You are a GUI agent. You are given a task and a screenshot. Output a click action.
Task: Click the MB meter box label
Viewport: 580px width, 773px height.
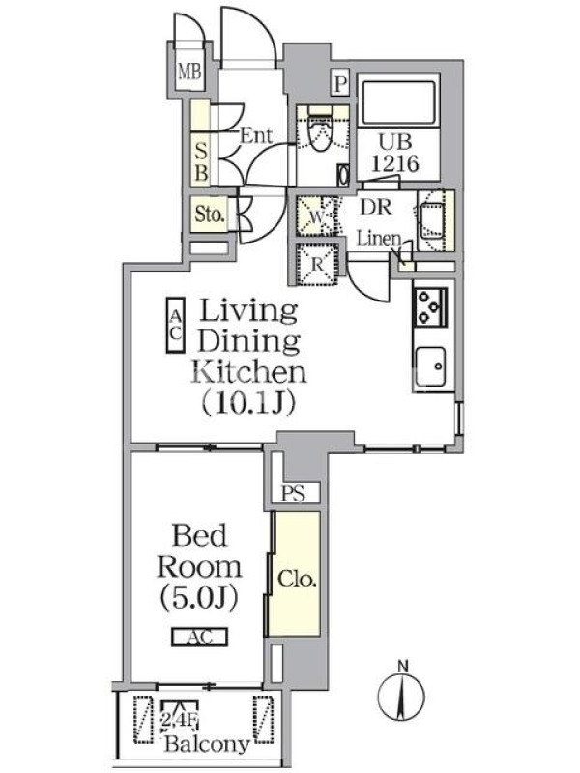(189, 72)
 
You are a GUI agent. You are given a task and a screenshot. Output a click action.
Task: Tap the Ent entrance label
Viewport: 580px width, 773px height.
(256, 134)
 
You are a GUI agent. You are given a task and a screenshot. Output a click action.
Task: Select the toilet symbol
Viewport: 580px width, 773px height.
(319, 130)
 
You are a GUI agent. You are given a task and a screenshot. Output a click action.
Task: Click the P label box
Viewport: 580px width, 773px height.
(340, 84)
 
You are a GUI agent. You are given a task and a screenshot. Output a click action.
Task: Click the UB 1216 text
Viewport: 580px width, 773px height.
(395, 153)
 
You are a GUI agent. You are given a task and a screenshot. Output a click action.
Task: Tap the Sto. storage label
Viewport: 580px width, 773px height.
(210, 214)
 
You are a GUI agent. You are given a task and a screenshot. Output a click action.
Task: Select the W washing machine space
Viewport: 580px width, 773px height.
(317, 216)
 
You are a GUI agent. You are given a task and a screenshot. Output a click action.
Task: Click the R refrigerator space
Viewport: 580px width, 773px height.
(317, 264)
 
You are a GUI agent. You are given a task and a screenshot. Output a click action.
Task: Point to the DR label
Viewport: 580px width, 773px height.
(376, 207)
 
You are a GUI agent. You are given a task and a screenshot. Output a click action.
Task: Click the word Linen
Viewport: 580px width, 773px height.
(379, 239)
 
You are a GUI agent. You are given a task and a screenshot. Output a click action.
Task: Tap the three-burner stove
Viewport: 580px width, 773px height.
(430, 307)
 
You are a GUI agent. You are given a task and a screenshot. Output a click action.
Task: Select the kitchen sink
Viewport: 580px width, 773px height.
(431, 366)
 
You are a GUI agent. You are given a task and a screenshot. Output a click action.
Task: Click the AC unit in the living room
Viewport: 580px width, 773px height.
(176, 326)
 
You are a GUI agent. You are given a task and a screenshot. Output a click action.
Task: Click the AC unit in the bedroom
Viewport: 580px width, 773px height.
(200, 637)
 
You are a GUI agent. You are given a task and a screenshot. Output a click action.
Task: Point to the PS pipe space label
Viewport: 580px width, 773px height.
(293, 493)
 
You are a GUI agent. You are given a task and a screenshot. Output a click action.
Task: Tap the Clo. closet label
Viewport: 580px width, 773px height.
(297, 578)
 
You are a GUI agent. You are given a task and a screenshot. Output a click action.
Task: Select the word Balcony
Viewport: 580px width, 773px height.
(207, 743)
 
